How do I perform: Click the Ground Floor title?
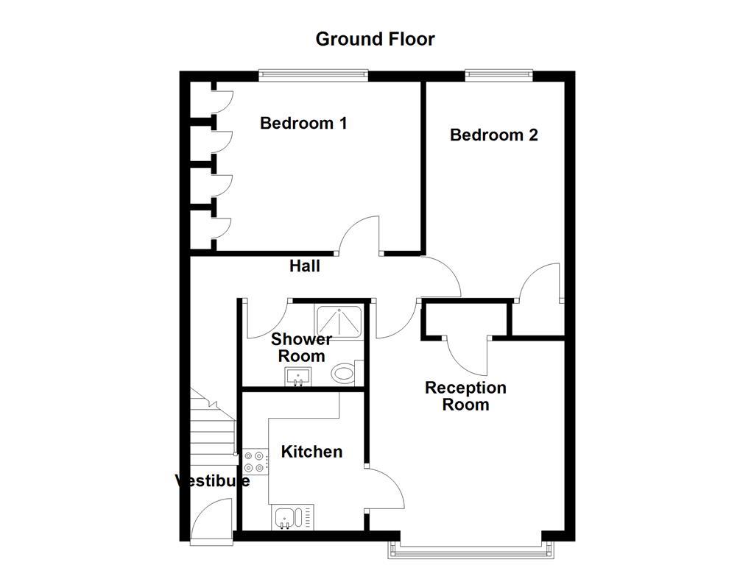point(375,39)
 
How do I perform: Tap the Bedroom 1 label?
point(303,123)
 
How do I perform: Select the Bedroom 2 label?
point(493,135)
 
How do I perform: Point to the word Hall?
point(304,266)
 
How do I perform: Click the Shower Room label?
point(301,347)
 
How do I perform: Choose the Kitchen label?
point(312,451)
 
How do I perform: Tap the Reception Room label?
point(465,396)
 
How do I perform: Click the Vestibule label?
point(212,481)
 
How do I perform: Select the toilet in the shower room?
point(345,373)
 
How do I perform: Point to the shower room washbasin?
point(297,377)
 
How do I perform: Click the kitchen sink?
point(292,518)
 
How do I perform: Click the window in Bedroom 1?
point(313,73)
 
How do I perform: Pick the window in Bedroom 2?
point(498,73)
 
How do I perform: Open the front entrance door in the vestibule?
point(211,519)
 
